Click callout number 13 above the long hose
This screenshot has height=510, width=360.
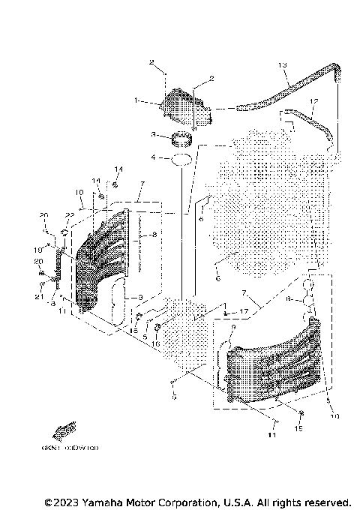click(283, 65)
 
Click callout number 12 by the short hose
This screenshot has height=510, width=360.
click(315, 101)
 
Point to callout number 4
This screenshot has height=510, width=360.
click(153, 158)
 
